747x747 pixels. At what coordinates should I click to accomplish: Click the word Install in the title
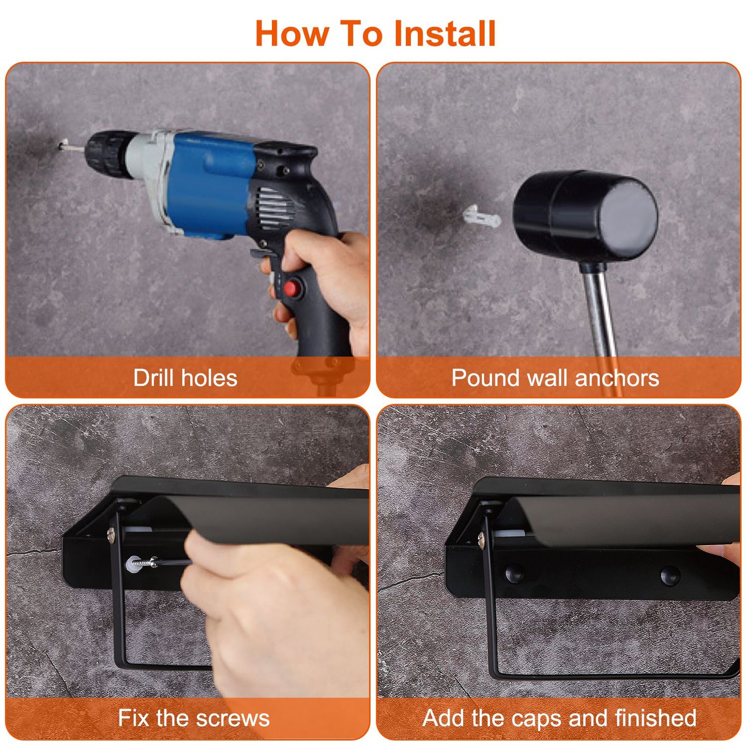tap(444, 34)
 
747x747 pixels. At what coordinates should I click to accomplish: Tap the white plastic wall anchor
tap(481, 217)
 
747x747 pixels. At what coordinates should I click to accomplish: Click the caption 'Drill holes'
tap(185, 378)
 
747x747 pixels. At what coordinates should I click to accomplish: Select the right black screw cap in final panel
tap(669, 573)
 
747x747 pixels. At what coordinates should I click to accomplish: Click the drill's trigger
tap(258, 254)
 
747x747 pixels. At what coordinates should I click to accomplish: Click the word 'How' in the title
tap(292, 34)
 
